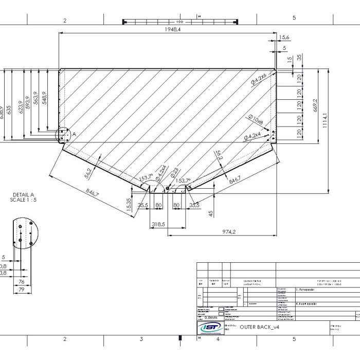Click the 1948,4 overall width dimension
(173, 29)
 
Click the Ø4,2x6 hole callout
(259, 79)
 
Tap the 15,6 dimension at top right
(285, 37)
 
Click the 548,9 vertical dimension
(45, 98)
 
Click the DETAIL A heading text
(23, 195)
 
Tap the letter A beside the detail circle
(74, 134)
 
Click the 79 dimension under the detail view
(22, 290)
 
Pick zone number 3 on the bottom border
(141, 339)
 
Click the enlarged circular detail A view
(25, 233)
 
